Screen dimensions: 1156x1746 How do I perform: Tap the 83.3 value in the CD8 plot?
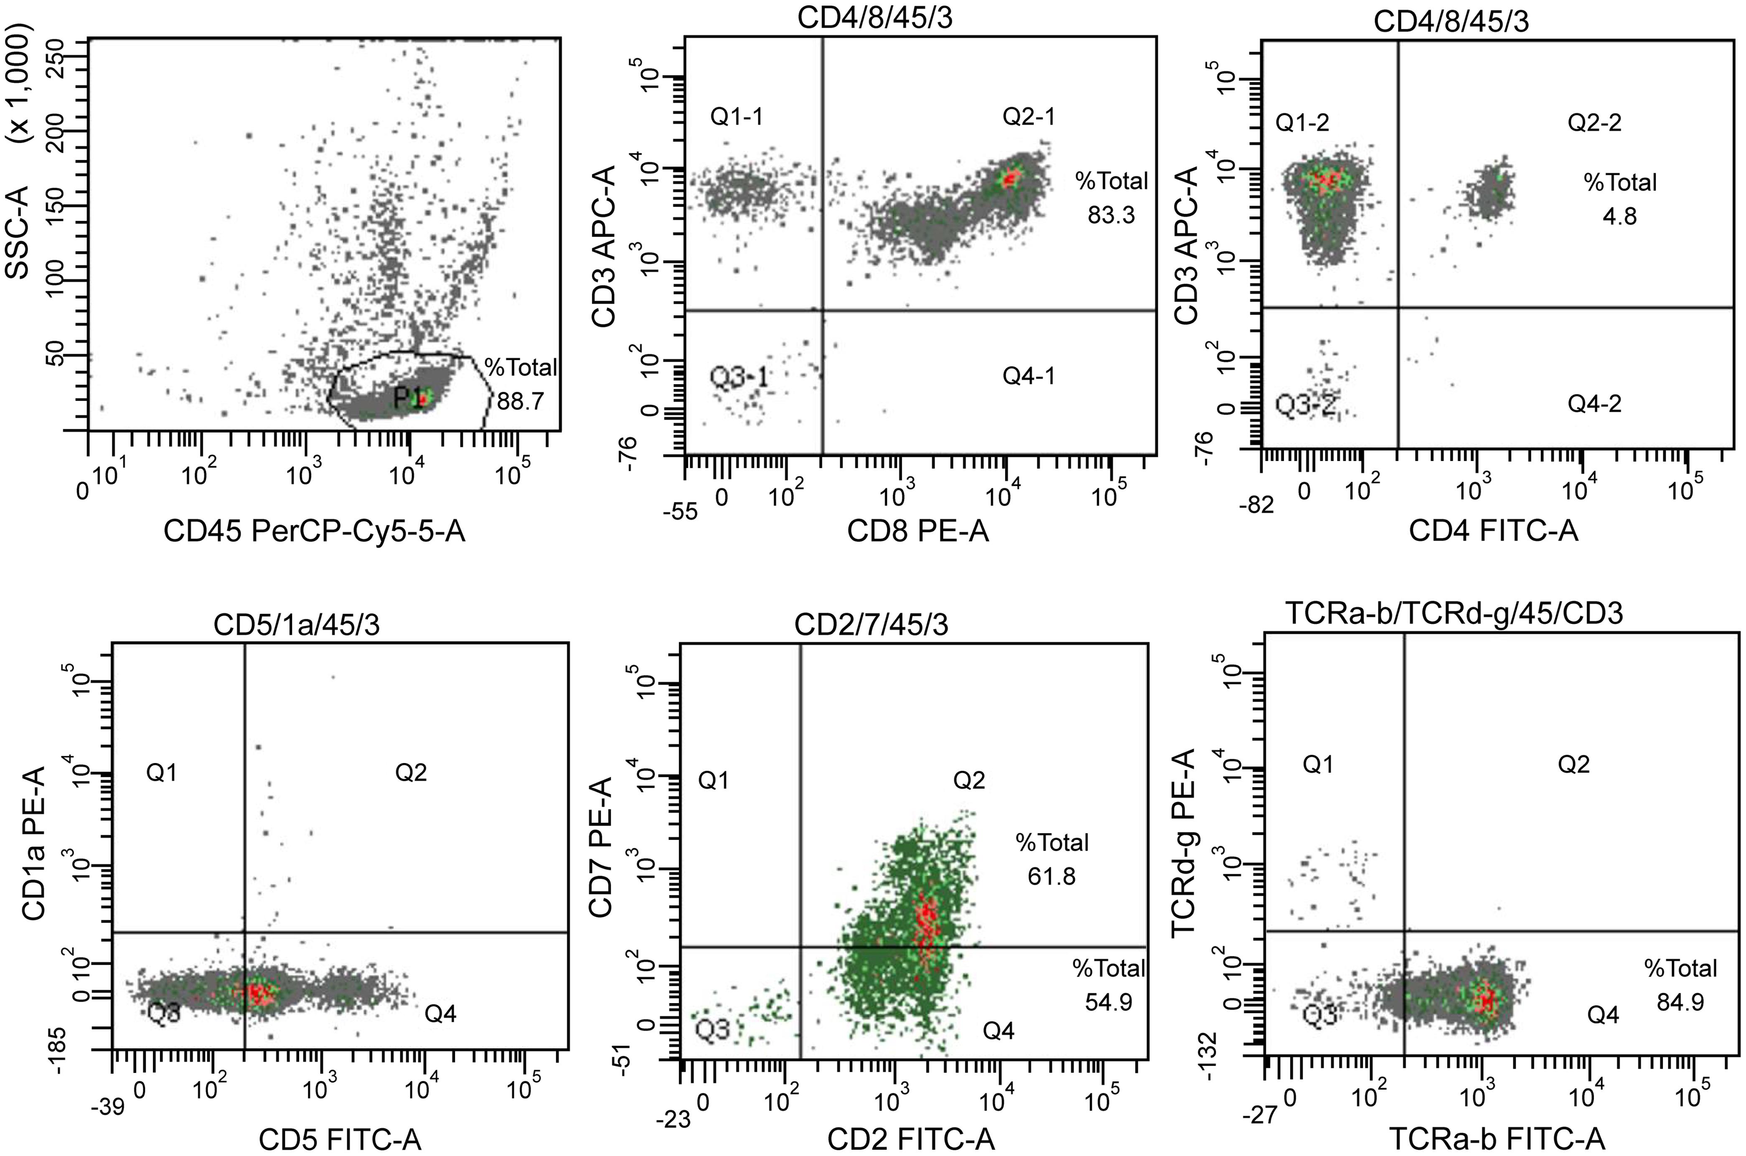click(x=1111, y=215)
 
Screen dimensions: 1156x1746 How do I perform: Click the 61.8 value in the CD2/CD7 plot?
click(x=1052, y=877)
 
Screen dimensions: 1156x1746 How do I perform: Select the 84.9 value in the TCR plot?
click(x=1680, y=1003)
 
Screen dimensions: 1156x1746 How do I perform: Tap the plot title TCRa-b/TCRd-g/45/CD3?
click(x=1454, y=613)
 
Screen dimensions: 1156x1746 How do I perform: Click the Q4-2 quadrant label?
click(x=1594, y=403)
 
